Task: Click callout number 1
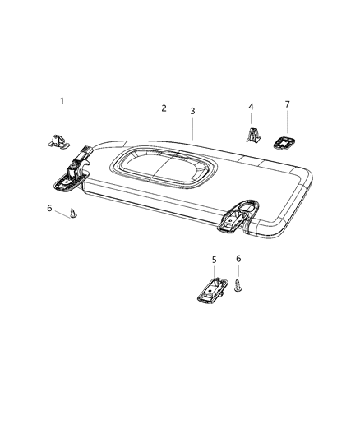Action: [x=62, y=101]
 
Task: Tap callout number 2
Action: [x=164, y=108]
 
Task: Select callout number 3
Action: [x=192, y=111]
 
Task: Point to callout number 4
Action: [x=251, y=107]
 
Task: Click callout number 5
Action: [x=214, y=260]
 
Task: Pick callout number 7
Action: [x=288, y=104]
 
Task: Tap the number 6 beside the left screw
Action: [x=49, y=208]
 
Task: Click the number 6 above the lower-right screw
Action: [x=238, y=259]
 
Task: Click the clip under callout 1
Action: [x=59, y=141]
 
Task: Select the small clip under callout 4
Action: [x=252, y=135]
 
